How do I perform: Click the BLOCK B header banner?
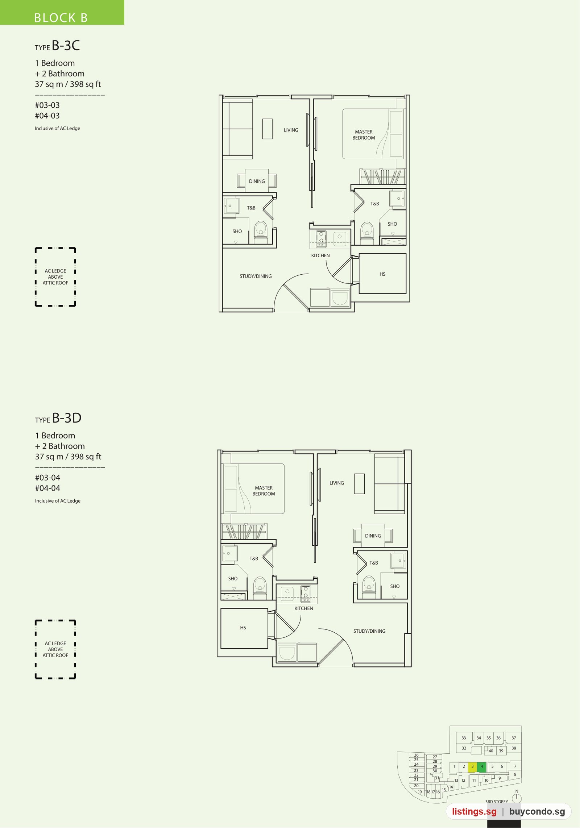62,12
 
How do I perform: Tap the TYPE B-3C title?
57,46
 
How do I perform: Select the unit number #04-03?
47,116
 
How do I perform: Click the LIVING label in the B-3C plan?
291,130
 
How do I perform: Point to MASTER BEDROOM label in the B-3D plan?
264,491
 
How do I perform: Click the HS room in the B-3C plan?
382,274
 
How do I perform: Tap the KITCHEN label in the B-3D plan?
304,608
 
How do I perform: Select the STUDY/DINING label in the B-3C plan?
256,276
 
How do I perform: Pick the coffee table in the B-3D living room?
359,484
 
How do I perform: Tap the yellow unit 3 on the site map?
472,766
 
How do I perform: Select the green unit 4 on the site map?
482,766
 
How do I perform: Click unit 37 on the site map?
514,738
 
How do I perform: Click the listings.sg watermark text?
474,812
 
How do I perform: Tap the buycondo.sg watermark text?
537,812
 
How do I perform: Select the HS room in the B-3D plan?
244,628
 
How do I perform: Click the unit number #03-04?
47,478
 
